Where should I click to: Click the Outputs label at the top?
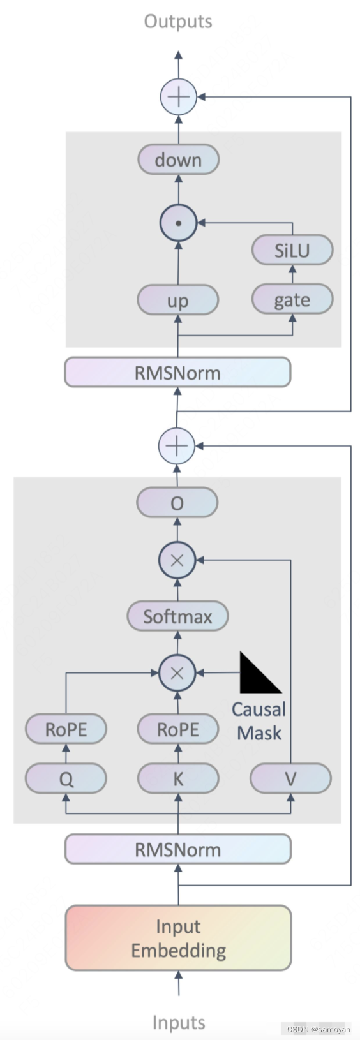tap(178, 21)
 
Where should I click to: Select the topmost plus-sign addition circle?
tap(178, 97)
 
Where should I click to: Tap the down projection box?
tap(178, 160)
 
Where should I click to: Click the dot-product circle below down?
tap(178, 223)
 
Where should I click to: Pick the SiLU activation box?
tap(292, 250)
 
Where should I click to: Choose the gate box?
tap(292, 299)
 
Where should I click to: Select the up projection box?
tap(178, 300)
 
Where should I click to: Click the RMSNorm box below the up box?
tap(177, 373)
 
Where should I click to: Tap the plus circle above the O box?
tap(177, 445)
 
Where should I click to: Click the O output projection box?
tap(177, 503)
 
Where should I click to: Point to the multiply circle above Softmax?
tap(177, 560)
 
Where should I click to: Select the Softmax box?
tap(177, 616)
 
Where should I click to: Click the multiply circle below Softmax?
tap(177, 672)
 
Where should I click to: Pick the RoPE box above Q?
tap(66, 729)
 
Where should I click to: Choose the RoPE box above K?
tap(178, 729)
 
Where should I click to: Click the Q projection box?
tap(66, 778)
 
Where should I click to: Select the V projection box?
tap(290, 778)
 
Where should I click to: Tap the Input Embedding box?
tap(178, 938)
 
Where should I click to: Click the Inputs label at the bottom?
tap(178, 1022)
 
